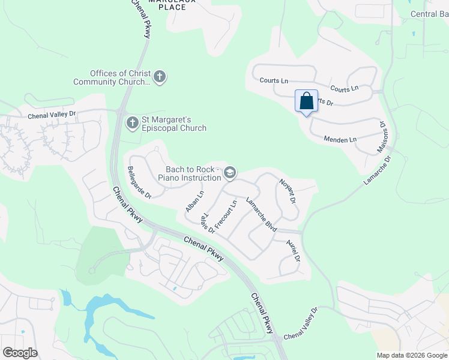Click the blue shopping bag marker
pyautogui.click(x=306, y=101)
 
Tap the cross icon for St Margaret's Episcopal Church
pyautogui.click(x=132, y=123)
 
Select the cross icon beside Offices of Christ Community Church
pyautogui.click(x=159, y=77)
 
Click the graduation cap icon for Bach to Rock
pyautogui.click(x=229, y=173)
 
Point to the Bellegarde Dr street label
pyautogui.click(x=139, y=182)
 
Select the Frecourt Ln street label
pyautogui.click(x=226, y=214)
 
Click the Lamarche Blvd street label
pyautogui.click(x=261, y=215)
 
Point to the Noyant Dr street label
pyautogui.click(x=288, y=190)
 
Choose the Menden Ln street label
pyautogui.click(x=340, y=140)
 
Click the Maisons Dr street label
pyautogui.click(x=382, y=137)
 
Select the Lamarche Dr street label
pyautogui.click(x=377, y=170)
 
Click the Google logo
pyautogui.click(x=20, y=353)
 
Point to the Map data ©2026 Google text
pyautogui.click(x=411, y=355)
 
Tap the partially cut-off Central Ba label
pyautogui.click(x=429, y=14)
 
